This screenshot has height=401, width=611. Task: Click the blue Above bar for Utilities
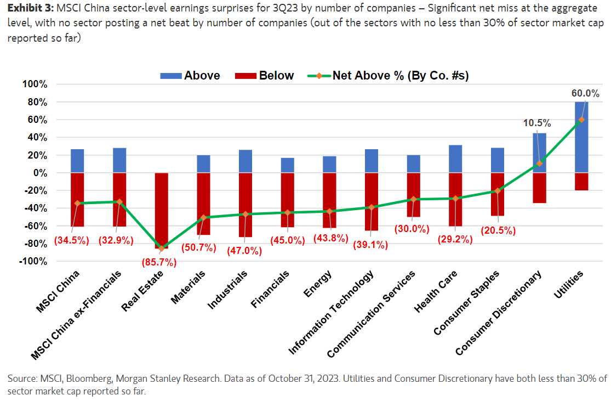(x=581, y=137)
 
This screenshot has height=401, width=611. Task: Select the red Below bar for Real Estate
(x=162, y=211)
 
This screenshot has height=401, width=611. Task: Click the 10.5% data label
(x=536, y=123)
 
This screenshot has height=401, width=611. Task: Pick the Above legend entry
(x=190, y=76)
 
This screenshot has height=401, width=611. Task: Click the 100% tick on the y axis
(x=35, y=84)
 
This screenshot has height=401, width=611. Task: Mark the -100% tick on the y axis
(x=33, y=261)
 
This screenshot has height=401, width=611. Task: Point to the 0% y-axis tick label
(x=40, y=173)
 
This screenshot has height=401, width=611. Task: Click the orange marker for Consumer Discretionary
(x=539, y=163)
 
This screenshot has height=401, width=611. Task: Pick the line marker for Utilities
(x=581, y=120)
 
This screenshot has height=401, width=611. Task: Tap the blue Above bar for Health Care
(x=455, y=159)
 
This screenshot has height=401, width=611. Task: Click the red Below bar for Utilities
(x=581, y=182)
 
